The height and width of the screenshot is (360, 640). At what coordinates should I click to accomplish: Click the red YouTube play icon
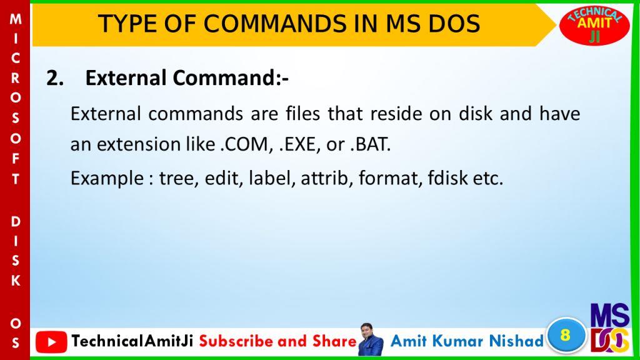click(51, 342)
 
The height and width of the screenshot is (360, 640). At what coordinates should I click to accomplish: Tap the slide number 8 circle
click(565, 335)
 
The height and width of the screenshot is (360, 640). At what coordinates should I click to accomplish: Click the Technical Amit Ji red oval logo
click(594, 25)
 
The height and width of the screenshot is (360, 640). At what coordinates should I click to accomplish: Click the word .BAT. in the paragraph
click(371, 144)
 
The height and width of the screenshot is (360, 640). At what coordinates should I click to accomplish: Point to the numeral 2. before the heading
click(55, 78)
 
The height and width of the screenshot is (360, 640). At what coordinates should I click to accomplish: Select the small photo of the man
click(371, 339)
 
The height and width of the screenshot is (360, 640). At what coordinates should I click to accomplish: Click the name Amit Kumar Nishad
click(467, 341)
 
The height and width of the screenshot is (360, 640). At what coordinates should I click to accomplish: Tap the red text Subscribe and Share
click(278, 341)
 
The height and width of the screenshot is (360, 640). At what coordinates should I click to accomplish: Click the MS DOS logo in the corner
click(610, 328)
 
